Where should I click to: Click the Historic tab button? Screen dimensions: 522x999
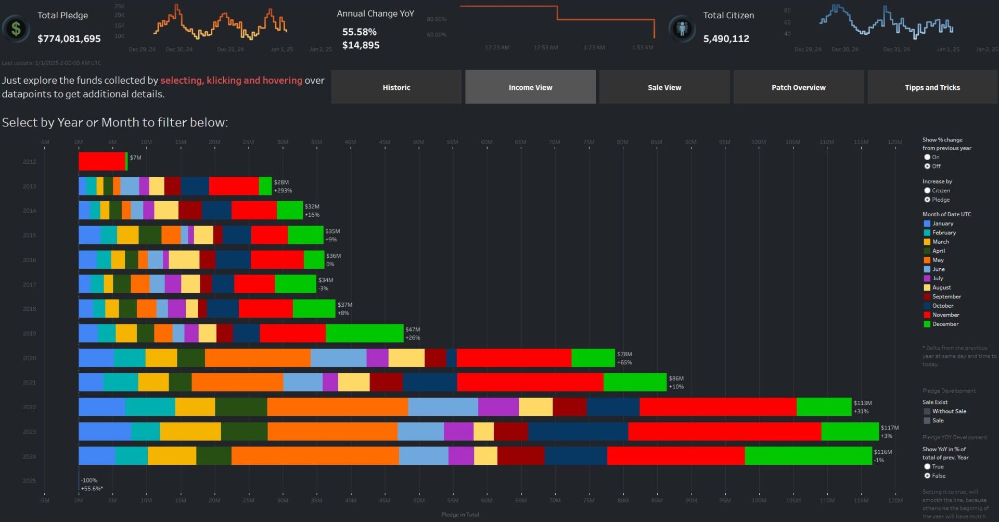click(396, 87)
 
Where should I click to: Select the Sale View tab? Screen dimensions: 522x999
click(664, 87)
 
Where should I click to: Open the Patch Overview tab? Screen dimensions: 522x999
click(798, 87)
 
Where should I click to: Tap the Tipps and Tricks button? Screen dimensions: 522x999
click(932, 87)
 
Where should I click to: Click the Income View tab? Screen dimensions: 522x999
click(530, 87)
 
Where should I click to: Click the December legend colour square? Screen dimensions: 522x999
click(927, 324)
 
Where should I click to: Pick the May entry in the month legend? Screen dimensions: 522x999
click(938, 260)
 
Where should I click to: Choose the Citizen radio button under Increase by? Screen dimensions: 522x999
click(927, 191)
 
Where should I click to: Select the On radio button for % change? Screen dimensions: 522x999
click(927, 157)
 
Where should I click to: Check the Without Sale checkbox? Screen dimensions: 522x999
click(927, 411)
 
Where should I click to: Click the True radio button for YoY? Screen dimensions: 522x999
click(927, 467)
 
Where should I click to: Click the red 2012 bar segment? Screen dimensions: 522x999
click(102, 161)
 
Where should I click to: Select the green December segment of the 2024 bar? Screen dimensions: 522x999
click(808, 456)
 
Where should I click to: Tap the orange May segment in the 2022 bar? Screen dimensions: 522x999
click(337, 407)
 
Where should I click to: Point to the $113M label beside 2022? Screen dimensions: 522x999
click(863, 403)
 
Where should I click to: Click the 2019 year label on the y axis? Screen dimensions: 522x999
click(30, 333)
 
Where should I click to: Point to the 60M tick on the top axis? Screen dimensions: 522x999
click(486, 142)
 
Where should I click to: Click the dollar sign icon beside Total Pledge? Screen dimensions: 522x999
click(16, 28)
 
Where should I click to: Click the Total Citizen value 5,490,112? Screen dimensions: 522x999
click(726, 38)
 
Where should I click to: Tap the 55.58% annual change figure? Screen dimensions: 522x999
click(359, 32)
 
